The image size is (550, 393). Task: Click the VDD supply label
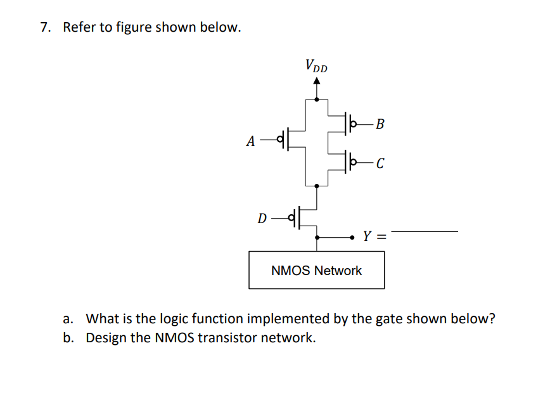316,65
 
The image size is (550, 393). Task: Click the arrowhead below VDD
317,81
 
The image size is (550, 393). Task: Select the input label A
252,141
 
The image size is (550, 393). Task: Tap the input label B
379,123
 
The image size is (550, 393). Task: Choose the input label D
262,219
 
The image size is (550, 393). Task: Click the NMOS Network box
316,271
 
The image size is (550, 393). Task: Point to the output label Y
367,237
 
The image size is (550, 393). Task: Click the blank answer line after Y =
424,232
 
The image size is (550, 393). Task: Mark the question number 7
44,28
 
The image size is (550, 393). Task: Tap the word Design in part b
106,337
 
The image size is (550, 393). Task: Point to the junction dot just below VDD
317,99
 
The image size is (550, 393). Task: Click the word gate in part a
390,318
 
